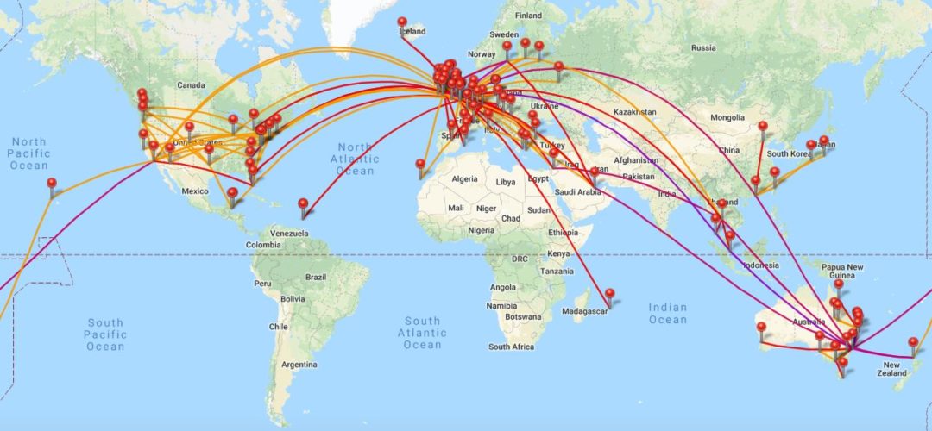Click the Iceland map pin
402,22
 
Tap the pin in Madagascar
609,294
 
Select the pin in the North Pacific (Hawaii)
52,184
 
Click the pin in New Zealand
913,343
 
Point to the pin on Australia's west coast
761,328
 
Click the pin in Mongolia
763,128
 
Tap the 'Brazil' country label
317,278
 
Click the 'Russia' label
703,47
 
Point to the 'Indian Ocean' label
668,314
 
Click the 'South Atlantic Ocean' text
422,333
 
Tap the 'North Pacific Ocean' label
28,153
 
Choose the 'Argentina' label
299,364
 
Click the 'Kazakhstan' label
635,112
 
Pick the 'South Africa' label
511,347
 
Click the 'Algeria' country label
464,178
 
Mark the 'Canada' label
190,85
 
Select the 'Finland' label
527,16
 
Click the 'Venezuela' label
288,233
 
